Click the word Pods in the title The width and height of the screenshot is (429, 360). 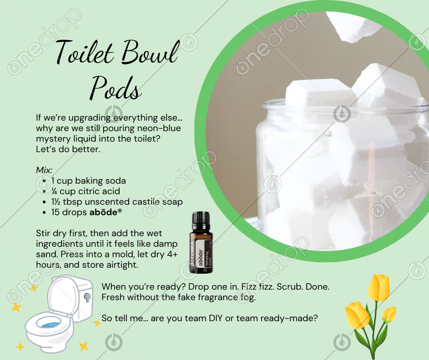pos(116,87)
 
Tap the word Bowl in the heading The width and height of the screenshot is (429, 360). pos(150,52)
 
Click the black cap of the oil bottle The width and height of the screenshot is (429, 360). pos(201,220)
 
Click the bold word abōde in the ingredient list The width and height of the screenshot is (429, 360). pos(104,212)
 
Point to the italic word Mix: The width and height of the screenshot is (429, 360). pos(44,170)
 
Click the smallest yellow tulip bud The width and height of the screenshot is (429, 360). pos(389,314)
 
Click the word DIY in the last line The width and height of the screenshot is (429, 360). pos(215,318)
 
